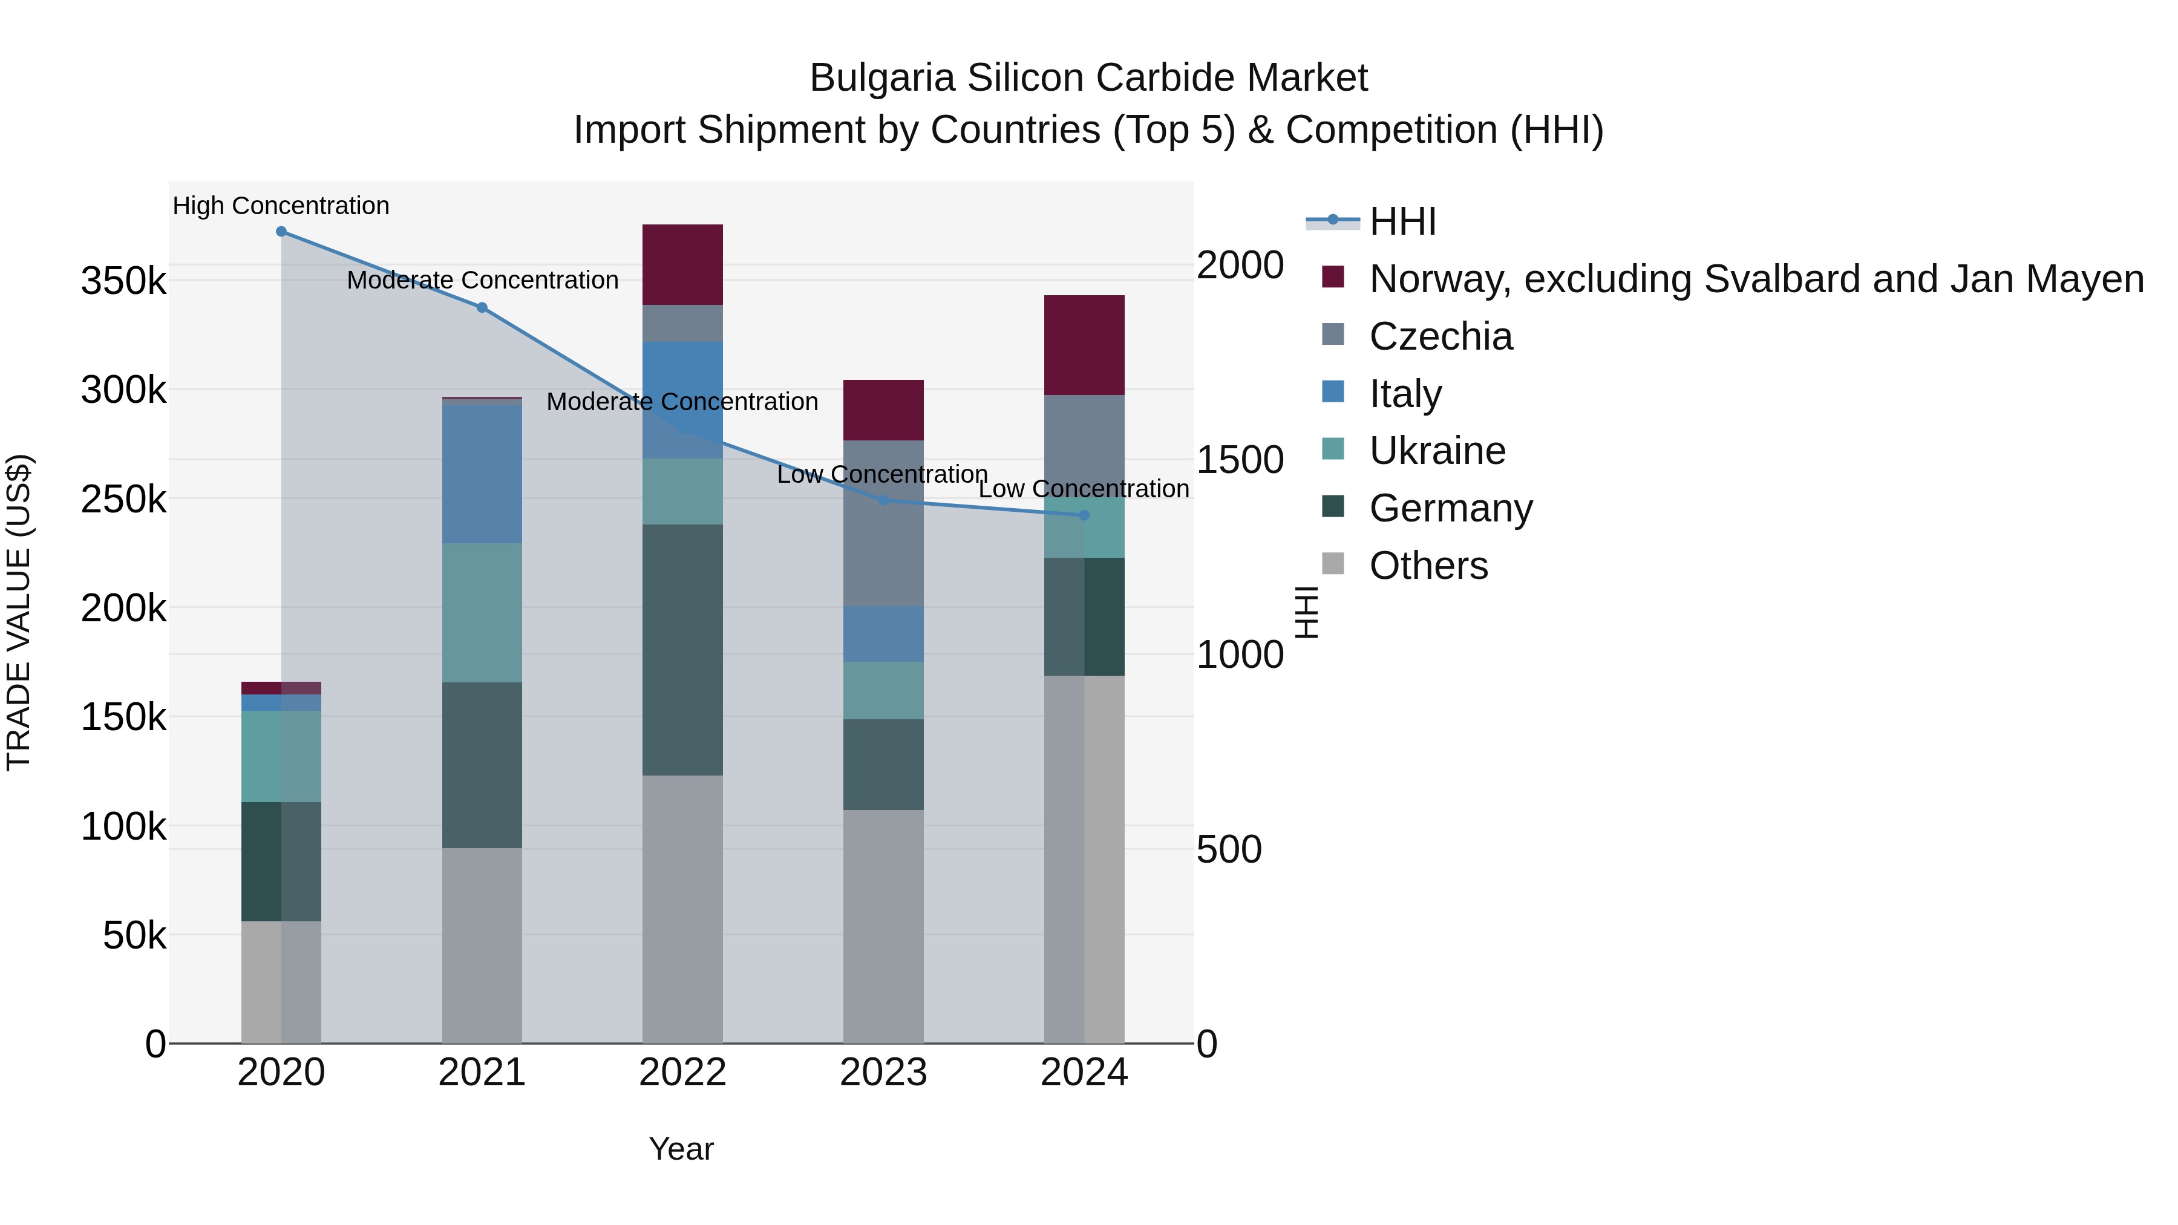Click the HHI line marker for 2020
click(281, 232)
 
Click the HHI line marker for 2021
click(482, 308)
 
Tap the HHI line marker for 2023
click(883, 500)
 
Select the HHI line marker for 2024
click(1085, 515)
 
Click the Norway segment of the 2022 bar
click(682, 264)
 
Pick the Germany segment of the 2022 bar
click(682, 649)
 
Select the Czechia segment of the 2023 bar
click(883, 523)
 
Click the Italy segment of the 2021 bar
click(482, 474)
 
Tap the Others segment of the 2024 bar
click(1085, 858)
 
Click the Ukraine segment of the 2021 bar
click(482, 612)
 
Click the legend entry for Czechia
click(1440, 336)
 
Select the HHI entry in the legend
click(1402, 221)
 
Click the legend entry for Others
click(1428, 566)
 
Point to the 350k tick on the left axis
click(123, 281)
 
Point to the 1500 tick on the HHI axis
click(1240, 460)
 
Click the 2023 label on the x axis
click(883, 1073)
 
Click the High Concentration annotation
click(281, 206)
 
